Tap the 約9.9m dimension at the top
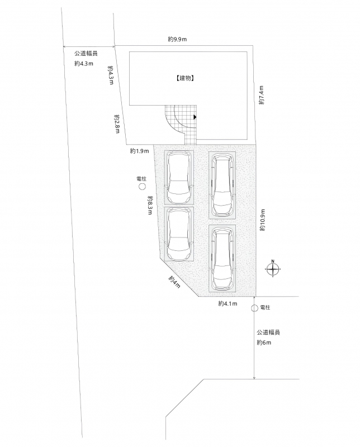coord(177,39)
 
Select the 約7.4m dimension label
coord(262,95)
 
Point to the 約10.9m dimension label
coord(262,220)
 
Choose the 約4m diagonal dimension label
coord(174,282)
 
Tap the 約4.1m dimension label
coord(228,304)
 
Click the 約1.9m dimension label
coord(139,151)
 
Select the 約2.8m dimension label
coord(117,124)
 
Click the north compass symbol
coord(273,269)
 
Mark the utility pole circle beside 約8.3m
coord(142,187)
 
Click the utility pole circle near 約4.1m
coord(254,308)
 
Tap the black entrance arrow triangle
coord(195,117)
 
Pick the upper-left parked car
coord(179,177)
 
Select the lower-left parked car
coord(179,234)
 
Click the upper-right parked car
coord(222,185)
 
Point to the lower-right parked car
coord(222,258)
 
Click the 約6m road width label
coord(264,343)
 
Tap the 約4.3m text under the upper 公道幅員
coord(84,64)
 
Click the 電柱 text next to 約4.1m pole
coord(266,308)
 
